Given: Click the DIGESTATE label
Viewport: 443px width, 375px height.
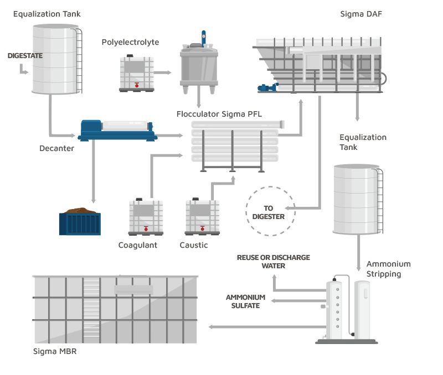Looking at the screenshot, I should point(24,56).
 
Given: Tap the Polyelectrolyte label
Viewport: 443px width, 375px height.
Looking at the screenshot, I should point(130,43).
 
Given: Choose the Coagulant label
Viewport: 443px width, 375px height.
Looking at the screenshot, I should point(137,245).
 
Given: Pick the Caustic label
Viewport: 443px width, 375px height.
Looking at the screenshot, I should point(194,245).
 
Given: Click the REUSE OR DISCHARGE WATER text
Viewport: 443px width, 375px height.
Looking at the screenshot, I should point(273,262).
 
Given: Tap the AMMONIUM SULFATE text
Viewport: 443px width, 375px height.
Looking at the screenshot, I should point(245,301).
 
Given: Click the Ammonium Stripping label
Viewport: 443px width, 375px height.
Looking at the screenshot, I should point(388,269).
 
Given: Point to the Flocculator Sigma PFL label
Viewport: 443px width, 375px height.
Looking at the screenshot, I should point(219,114).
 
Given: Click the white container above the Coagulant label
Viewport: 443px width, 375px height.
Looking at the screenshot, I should point(146,216).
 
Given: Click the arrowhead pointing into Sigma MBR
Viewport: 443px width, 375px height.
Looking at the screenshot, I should point(211,327).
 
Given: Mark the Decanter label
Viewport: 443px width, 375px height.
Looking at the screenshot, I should point(56,148).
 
